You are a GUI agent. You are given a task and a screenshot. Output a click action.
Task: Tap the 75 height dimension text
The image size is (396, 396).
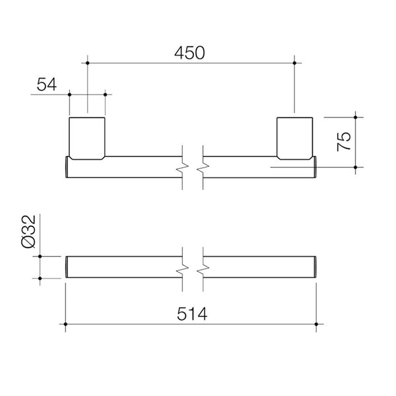[x=345, y=142]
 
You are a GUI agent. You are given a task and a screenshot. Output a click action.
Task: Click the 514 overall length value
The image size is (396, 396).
[x=193, y=315]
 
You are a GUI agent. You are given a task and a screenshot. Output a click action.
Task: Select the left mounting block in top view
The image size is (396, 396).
[x=87, y=137]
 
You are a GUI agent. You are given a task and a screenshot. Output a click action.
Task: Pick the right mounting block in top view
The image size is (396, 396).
[x=294, y=137]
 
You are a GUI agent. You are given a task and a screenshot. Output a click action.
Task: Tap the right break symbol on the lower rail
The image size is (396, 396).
[x=204, y=268]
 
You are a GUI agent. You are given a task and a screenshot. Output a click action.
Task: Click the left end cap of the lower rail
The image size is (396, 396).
[x=67, y=268]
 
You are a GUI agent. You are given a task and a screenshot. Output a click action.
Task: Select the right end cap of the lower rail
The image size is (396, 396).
[x=317, y=268]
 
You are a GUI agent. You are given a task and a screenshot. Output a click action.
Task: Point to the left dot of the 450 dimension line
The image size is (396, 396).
[x=87, y=63]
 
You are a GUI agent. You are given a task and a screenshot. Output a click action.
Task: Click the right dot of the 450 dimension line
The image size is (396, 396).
[x=294, y=63]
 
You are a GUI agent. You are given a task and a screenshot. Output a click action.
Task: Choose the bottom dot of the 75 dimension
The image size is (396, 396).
[x=356, y=168]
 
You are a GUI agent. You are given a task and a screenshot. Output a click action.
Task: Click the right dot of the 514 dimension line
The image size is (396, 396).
[x=317, y=323]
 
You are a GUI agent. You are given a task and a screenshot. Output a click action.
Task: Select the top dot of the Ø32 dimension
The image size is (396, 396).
[x=40, y=255]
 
